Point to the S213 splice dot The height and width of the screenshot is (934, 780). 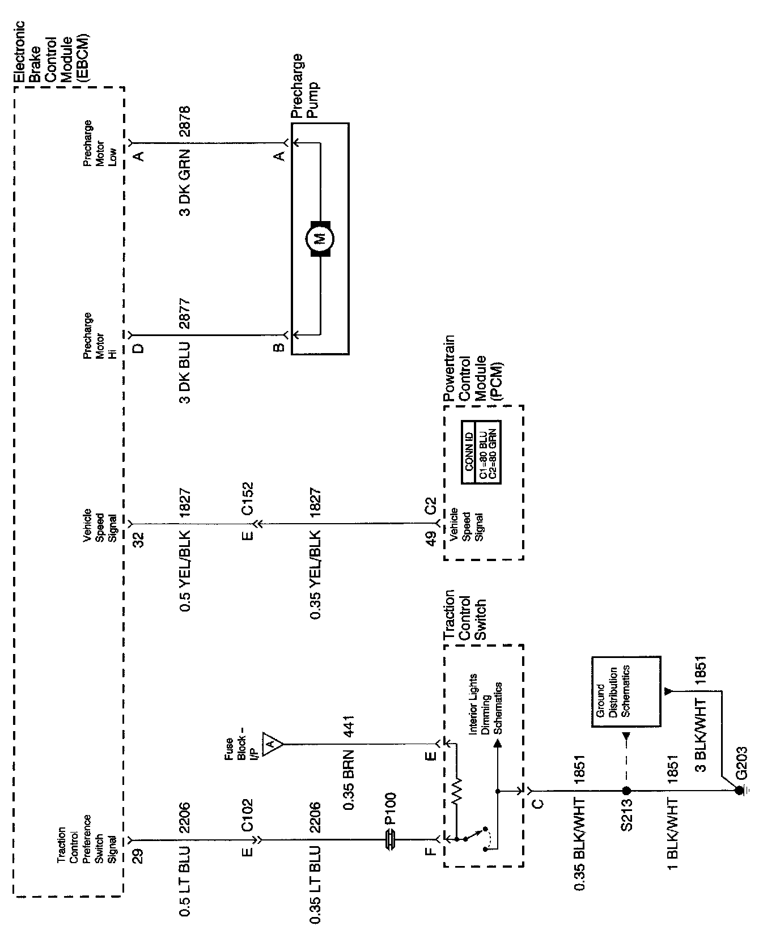coord(626,791)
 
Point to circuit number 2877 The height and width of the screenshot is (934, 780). coord(185,314)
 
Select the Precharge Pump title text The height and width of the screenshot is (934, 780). coord(305,86)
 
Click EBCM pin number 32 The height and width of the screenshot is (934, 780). coord(138,538)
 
